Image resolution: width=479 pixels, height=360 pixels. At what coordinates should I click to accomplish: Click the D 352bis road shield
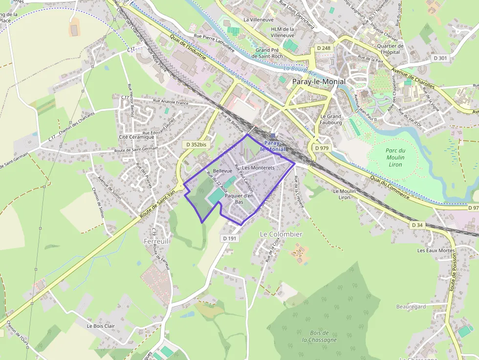(x=195, y=145)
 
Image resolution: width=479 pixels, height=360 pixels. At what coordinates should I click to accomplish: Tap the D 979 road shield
(x=322, y=148)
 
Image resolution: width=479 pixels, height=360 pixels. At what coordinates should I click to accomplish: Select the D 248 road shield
(x=324, y=48)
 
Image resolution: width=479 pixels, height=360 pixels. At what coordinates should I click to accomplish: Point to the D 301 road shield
(x=440, y=58)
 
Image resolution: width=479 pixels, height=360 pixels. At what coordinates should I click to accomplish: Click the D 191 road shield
(x=229, y=238)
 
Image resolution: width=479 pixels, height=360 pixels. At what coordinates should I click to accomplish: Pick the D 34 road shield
(x=416, y=225)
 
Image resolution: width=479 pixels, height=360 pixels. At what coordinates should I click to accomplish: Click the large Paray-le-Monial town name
(x=319, y=82)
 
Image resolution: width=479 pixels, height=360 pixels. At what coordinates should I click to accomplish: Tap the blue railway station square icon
(x=273, y=135)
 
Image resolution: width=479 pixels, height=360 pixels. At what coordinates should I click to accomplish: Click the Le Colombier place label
(x=281, y=234)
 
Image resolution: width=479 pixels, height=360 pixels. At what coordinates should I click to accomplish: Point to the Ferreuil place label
(x=156, y=241)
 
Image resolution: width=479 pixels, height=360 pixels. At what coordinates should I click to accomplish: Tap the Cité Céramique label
(x=136, y=137)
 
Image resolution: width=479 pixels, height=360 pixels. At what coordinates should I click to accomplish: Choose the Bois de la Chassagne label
(x=319, y=336)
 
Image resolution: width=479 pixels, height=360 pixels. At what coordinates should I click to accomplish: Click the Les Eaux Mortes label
(x=436, y=250)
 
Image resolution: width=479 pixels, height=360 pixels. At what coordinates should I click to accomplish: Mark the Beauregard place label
(x=411, y=307)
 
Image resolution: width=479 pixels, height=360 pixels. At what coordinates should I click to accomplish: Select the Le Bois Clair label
(x=101, y=326)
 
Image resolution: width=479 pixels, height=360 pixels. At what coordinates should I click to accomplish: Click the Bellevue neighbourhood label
(x=222, y=170)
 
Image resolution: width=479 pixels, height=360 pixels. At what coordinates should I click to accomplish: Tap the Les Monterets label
(x=259, y=168)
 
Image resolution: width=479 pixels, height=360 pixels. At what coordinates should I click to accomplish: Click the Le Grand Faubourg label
(x=331, y=119)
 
